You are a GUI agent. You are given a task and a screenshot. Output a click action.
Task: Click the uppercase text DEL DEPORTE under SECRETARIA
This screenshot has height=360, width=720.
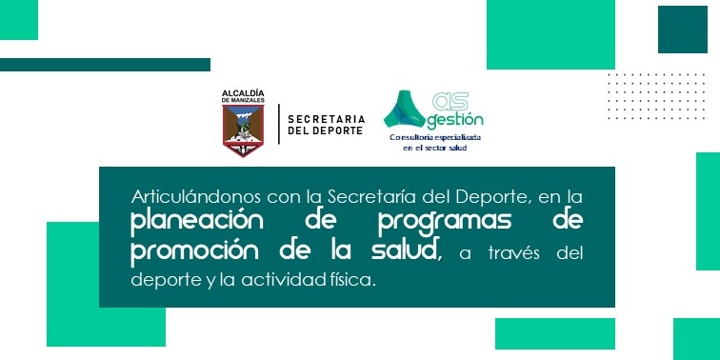coord(325,129)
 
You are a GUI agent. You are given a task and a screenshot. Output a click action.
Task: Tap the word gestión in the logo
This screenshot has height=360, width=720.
coord(455,120)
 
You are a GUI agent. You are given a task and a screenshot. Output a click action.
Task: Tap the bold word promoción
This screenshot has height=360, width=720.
coord(190,251)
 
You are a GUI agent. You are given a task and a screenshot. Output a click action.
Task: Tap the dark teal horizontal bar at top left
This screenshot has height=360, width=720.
coord(105,65)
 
